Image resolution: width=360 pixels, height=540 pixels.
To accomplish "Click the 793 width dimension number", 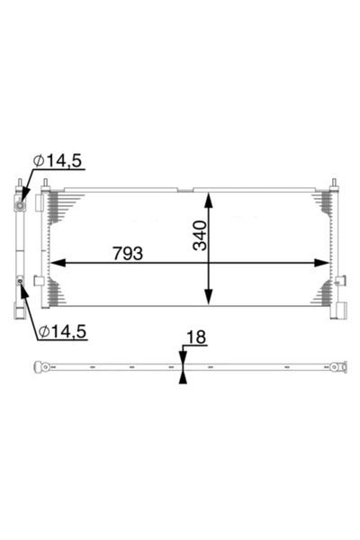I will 128,253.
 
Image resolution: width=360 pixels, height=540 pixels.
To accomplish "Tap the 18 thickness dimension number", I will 195,337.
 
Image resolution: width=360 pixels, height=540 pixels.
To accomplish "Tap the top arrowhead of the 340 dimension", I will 209,198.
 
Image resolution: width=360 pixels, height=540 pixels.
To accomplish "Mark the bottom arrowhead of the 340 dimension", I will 209,303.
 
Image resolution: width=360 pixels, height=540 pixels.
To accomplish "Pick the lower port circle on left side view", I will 20,282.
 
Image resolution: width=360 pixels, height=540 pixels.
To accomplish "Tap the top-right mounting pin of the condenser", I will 335,183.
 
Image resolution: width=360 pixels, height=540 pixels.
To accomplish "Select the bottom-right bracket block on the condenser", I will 340,310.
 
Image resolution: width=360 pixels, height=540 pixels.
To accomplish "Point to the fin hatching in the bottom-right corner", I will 323,292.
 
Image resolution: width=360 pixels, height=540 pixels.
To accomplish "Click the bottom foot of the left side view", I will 18,312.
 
